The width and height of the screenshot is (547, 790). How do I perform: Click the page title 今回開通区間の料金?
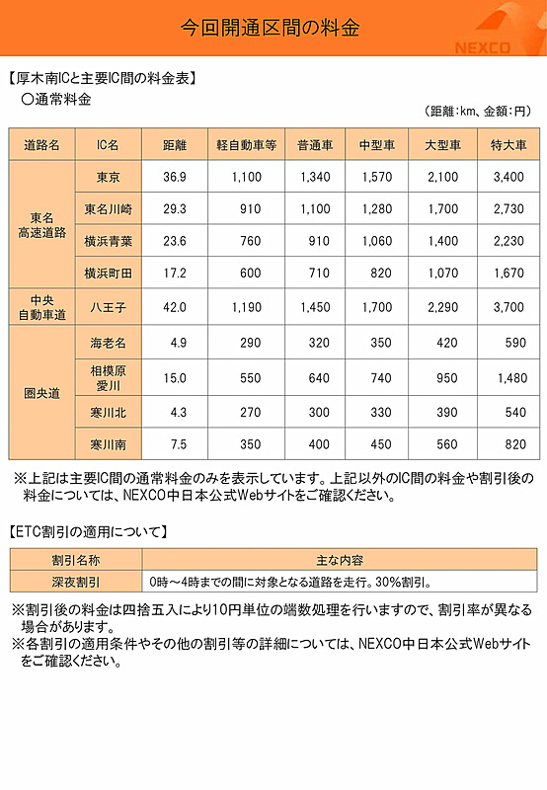click(x=272, y=28)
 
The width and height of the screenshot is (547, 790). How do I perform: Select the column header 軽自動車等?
click(x=245, y=144)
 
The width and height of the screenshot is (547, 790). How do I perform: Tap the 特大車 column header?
click(x=508, y=144)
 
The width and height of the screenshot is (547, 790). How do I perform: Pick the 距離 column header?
click(x=175, y=144)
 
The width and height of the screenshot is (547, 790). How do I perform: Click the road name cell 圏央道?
click(x=41, y=392)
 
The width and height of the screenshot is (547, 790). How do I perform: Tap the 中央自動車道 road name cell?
click(x=41, y=307)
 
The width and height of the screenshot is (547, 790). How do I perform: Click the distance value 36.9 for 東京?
click(x=175, y=177)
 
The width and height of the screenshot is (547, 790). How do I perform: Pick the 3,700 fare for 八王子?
click(x=508, y=307)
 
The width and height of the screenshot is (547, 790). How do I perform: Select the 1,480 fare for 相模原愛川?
click(x=508, y=377)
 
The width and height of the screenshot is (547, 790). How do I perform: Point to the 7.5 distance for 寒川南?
click(x=175, y=443)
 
